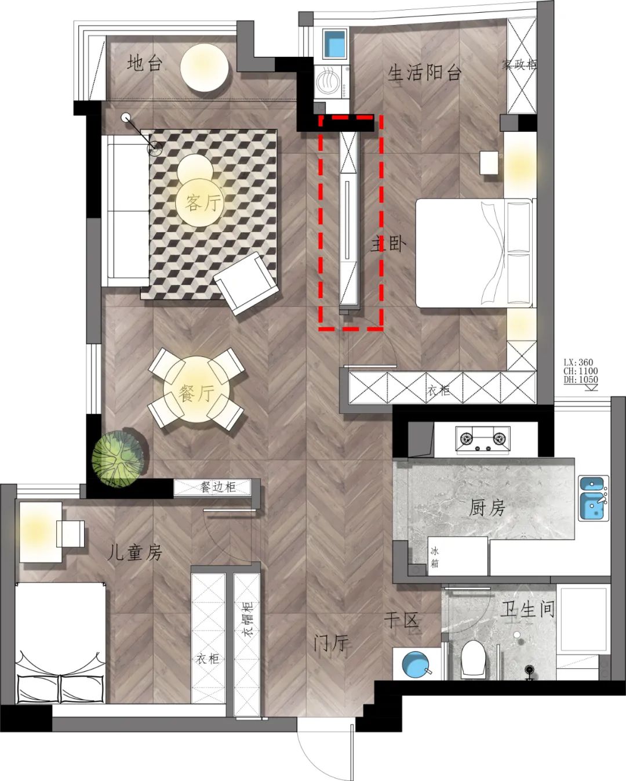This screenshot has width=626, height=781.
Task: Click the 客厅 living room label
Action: pos(203,203)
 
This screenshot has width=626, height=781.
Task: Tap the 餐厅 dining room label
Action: pos(196,393)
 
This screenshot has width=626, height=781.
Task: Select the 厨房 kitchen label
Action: pos(487,508)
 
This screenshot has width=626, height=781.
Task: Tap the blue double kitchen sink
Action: pos(593,498)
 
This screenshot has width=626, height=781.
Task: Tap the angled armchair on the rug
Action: pos(246,283)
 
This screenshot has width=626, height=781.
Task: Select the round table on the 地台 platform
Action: pos(205,67)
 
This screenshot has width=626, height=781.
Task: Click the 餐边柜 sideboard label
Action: pos(218,487)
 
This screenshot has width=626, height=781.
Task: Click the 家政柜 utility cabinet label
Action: pos(519,65)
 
